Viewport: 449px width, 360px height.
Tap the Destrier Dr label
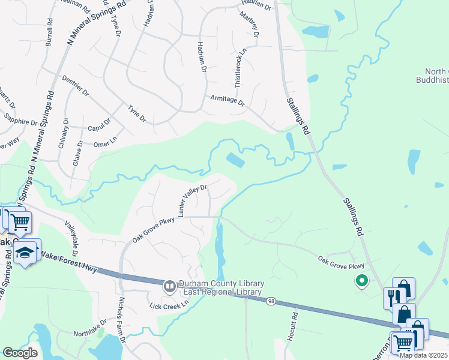[75, 86]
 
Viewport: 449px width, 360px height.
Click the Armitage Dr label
[228, 100]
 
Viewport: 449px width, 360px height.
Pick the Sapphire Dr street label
[20, 122]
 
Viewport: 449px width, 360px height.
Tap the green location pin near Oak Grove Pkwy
[361, 280]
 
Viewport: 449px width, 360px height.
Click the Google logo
[20, 353]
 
